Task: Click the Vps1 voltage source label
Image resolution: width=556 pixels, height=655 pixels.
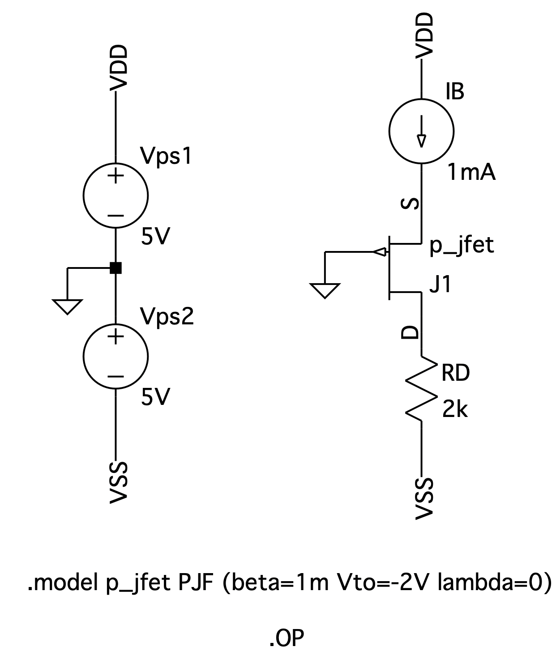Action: (166, 156)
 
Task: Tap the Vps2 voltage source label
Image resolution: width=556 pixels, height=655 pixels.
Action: (167, 317)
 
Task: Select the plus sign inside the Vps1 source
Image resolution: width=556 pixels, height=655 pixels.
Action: (115, 176)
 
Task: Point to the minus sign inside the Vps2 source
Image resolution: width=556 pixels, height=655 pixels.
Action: (115, 376)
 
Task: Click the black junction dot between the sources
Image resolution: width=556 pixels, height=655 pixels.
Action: (115, 268)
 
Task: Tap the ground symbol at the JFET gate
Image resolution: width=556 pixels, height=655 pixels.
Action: (325, 290)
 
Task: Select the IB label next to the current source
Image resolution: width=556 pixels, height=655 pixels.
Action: (455, 92)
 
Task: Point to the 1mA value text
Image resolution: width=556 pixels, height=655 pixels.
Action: (471, 173)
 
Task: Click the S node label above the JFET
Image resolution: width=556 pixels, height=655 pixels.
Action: (410, 204)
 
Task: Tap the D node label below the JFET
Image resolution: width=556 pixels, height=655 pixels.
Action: (410, 332)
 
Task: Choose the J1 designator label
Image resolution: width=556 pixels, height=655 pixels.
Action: (440, 285)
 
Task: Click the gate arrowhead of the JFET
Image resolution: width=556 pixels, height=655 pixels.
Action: (379, 252)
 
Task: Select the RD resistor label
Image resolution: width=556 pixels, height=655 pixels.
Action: (455, 373)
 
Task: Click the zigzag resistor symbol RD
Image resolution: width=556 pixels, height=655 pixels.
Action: (421, 388)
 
